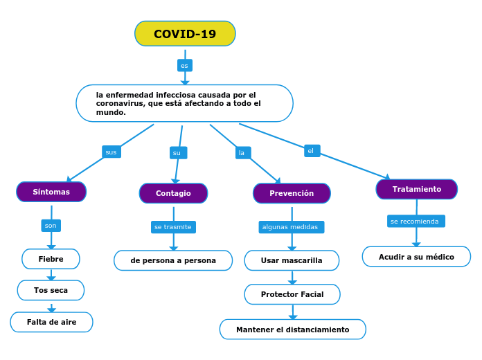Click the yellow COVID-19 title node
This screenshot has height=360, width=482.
tap(185, 34)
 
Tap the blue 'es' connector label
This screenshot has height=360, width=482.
tap(184, 66)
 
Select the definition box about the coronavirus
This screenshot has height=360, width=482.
tap(184, 103)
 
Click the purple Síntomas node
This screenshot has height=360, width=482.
tap(51, 192)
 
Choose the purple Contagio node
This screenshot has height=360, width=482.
tap(173, 193)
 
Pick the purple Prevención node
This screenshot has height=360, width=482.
tap(292, 193)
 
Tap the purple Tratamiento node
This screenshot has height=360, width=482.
tap(416, 189)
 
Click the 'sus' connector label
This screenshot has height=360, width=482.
tap(111, 152)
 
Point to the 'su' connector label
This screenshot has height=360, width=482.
tap(177, 152)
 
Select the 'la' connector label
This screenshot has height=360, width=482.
tap(242, 152)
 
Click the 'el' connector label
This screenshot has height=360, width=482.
tap(312, 150)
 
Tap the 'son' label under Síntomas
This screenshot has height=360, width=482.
tap(51, 225)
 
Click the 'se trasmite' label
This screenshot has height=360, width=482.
tap(173, 227)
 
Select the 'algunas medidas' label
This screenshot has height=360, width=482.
tap(291, 227)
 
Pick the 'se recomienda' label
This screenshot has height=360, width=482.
tap(416, 222)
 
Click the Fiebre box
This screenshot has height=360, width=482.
tap(51, 259)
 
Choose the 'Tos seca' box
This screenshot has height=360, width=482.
tap(51, 290)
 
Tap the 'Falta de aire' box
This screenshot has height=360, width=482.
tap(51, 322)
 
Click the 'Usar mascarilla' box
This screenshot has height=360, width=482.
tap(292, 260)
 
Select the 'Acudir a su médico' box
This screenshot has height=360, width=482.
tap(416, 257)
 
